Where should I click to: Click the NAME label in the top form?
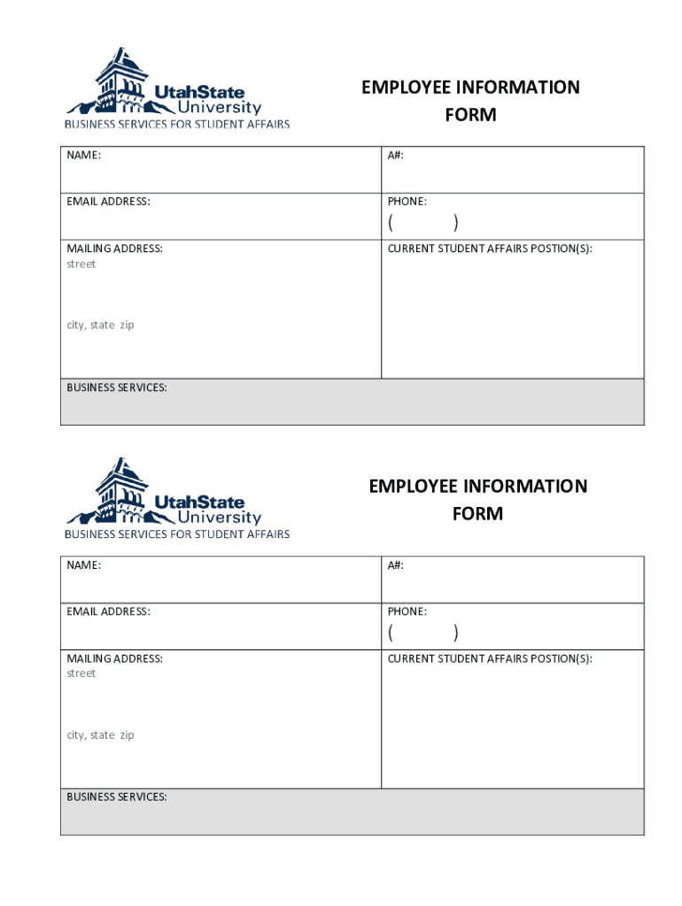point(83,155)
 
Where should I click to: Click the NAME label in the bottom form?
point(83,564)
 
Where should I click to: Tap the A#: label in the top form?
point(395,155)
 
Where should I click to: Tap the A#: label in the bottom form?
point(395,564)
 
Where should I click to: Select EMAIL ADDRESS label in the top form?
point(108,202)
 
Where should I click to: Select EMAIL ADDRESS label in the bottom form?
point(108,611)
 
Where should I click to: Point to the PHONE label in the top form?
point(407,202)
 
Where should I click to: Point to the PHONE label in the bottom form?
point(407,611)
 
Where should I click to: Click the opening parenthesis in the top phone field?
point(391,222)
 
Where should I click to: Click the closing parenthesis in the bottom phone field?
point(455,632)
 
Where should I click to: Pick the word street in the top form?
point(81,264)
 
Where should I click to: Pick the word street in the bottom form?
point(81,673)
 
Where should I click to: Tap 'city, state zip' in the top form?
point(100,325)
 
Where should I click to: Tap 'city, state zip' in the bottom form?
point(100,734)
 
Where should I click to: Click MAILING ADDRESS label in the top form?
point(114,249)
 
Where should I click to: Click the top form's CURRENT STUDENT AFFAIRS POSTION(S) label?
point(489,249)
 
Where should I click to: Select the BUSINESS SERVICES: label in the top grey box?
point(116,388)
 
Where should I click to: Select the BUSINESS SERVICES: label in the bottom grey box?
point(116,797)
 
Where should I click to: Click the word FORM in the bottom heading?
point(477,514)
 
